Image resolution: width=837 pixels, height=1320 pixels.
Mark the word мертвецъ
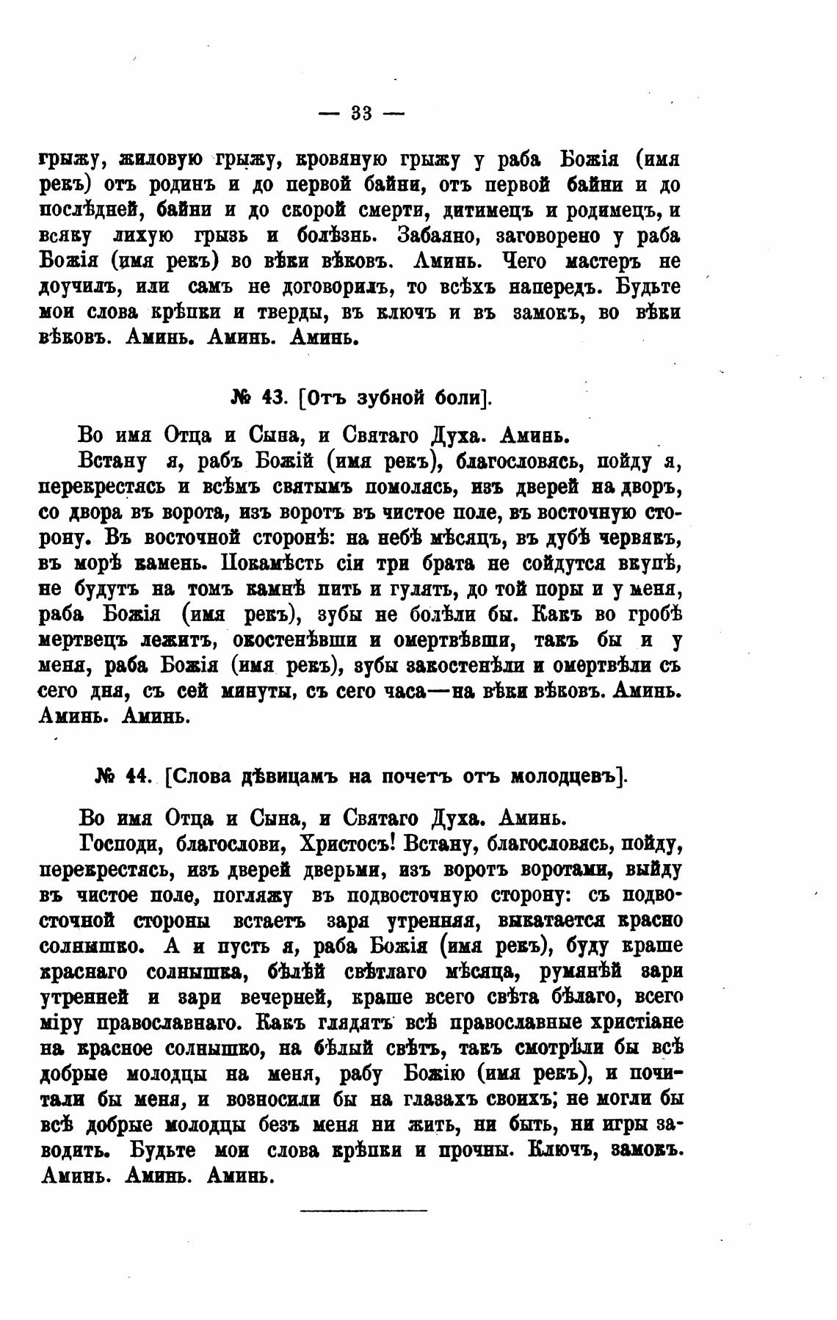(83, 640)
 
